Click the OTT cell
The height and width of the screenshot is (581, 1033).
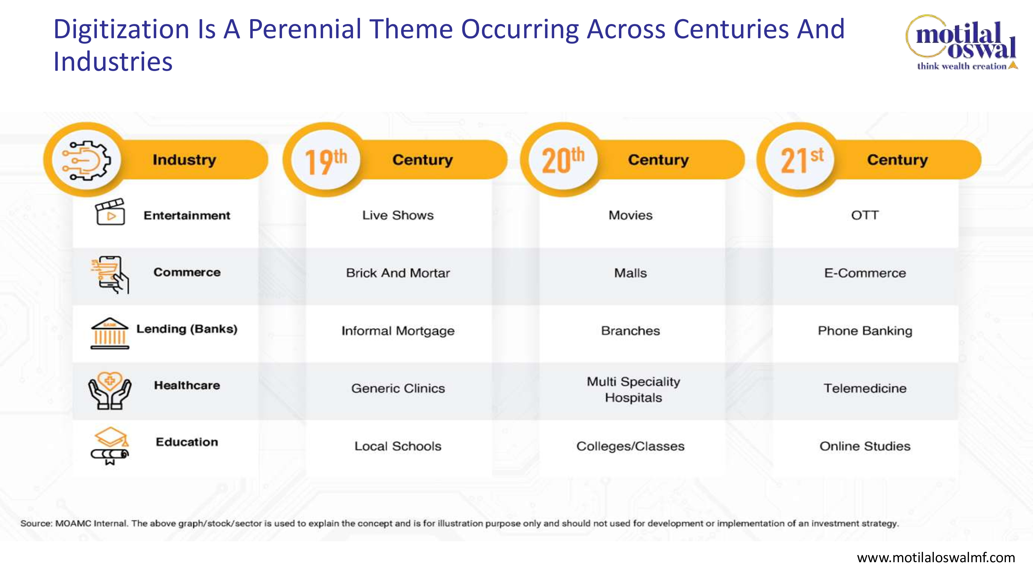pyautogui.click(x=865, y=215)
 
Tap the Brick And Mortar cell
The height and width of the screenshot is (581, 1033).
pyautogui.click(x=398, y=273)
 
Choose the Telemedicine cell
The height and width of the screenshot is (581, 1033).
pyautogui.click(x=865, y=388)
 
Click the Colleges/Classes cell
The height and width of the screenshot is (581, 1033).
pyautogui.click(x=630, y=446)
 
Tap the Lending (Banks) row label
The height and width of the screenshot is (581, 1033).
pyautogui.click(x=187, y=329)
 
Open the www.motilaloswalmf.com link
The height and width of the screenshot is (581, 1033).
pyautogui.click(x=936, y=558)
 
